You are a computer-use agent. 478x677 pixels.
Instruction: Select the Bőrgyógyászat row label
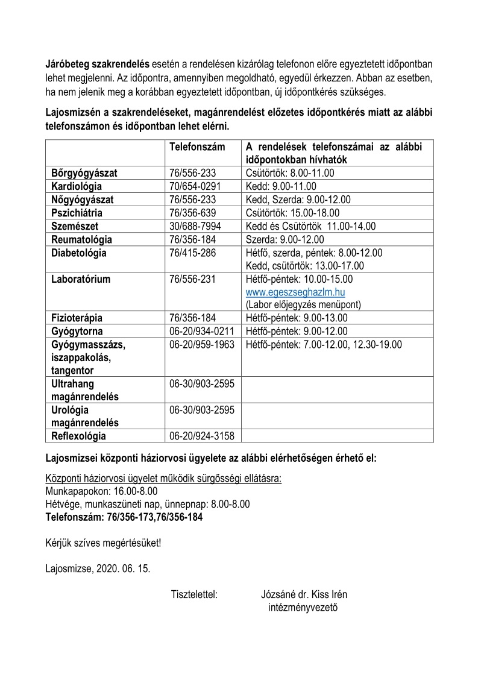(x=84, y=173)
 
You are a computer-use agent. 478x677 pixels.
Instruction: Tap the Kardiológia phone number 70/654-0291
(x=196, y=186)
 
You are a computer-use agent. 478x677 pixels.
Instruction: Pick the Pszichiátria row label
(x=77, y=213)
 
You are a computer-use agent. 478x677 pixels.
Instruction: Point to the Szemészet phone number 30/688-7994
(x=196, y=226)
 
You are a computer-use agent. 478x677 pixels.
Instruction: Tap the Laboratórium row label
(x=81, y=279)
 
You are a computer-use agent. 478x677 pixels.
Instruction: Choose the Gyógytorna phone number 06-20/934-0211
(x=203, y=332)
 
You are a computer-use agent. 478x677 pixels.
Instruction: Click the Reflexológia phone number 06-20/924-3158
(x=203, y=436)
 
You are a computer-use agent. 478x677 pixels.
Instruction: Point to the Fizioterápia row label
(x=77, y=318)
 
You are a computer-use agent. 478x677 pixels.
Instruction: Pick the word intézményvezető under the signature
(x=303, y=606)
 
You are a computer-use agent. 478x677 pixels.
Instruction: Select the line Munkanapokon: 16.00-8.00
(x=93, y=491)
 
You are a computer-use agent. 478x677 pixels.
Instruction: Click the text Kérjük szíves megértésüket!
(x=103, y=543)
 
